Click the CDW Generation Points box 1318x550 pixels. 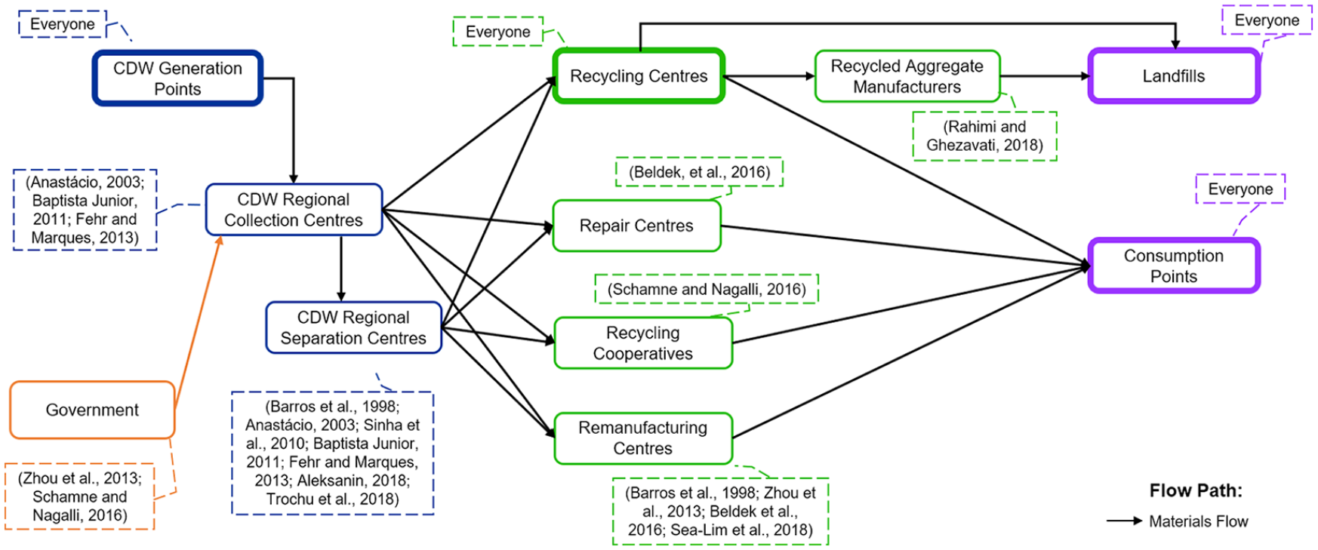pos(177,78)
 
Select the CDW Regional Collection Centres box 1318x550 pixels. pos(294,210)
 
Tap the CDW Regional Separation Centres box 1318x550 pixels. pos(353,327)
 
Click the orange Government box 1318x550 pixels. pos(92,410)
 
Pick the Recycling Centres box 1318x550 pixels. pos(639,75)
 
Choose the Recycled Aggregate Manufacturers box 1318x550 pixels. pos(907,76)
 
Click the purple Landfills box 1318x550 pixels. pos(1174,75)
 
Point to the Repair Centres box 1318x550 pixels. pos(636,226)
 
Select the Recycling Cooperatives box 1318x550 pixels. pos(643,343)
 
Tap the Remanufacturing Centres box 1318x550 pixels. pos(643,438)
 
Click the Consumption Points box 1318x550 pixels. pos(1174,266)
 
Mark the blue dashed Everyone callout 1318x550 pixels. pos(63,24)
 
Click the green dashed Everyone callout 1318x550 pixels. pos(498,32)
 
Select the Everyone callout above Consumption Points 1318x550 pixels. pos(1240,189)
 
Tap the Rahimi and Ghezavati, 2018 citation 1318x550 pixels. pos(984,136)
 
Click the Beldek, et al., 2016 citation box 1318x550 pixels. pos(699,172)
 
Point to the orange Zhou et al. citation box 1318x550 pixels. pos(80,496)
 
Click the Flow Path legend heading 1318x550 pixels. pos(1196,490)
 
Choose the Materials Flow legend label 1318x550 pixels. pos(1199,521)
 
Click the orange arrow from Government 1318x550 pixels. pos(198,323)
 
